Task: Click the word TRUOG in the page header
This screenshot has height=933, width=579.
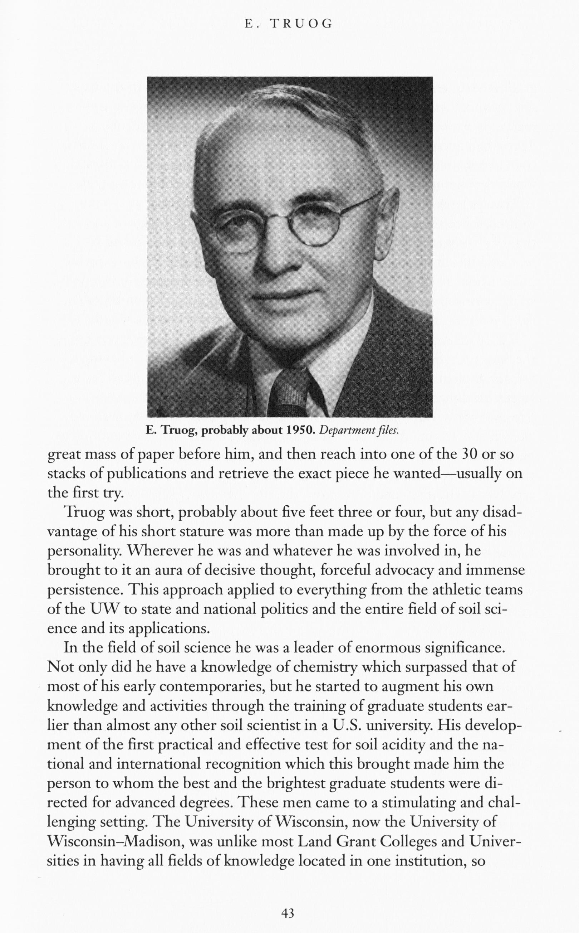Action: coord(301,24)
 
